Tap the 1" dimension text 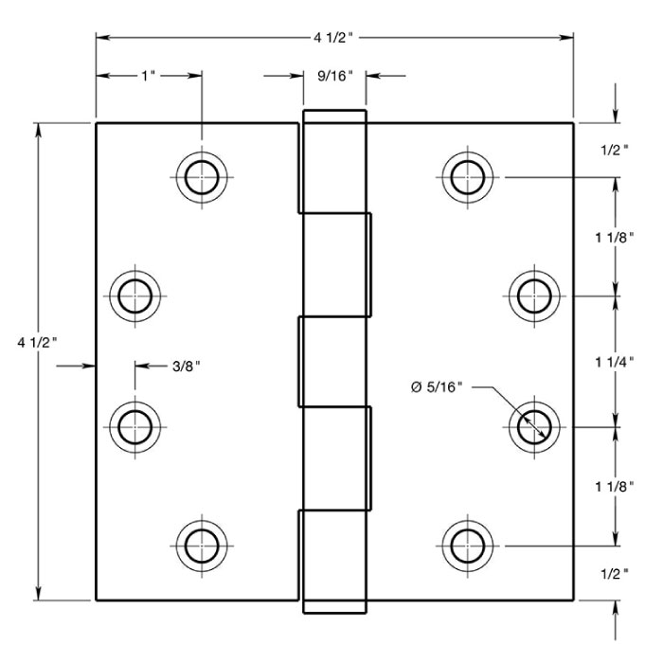(148, 75)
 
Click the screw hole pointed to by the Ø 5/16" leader (533, 427)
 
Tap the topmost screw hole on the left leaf (201, 176)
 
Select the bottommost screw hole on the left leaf (201, 546)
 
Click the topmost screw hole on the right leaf (467, 176)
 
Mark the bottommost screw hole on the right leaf (467, 546)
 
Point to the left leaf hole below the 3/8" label (134, 427)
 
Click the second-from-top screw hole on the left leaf (134, 296)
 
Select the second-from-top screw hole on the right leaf (533, 296)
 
